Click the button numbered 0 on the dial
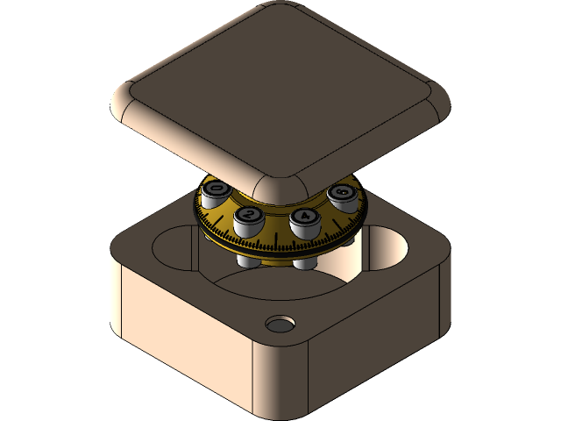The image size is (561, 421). click(x=216, y=189)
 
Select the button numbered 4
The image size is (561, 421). click(x=304, y=217)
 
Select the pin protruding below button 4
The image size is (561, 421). click(x=304, y=262)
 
